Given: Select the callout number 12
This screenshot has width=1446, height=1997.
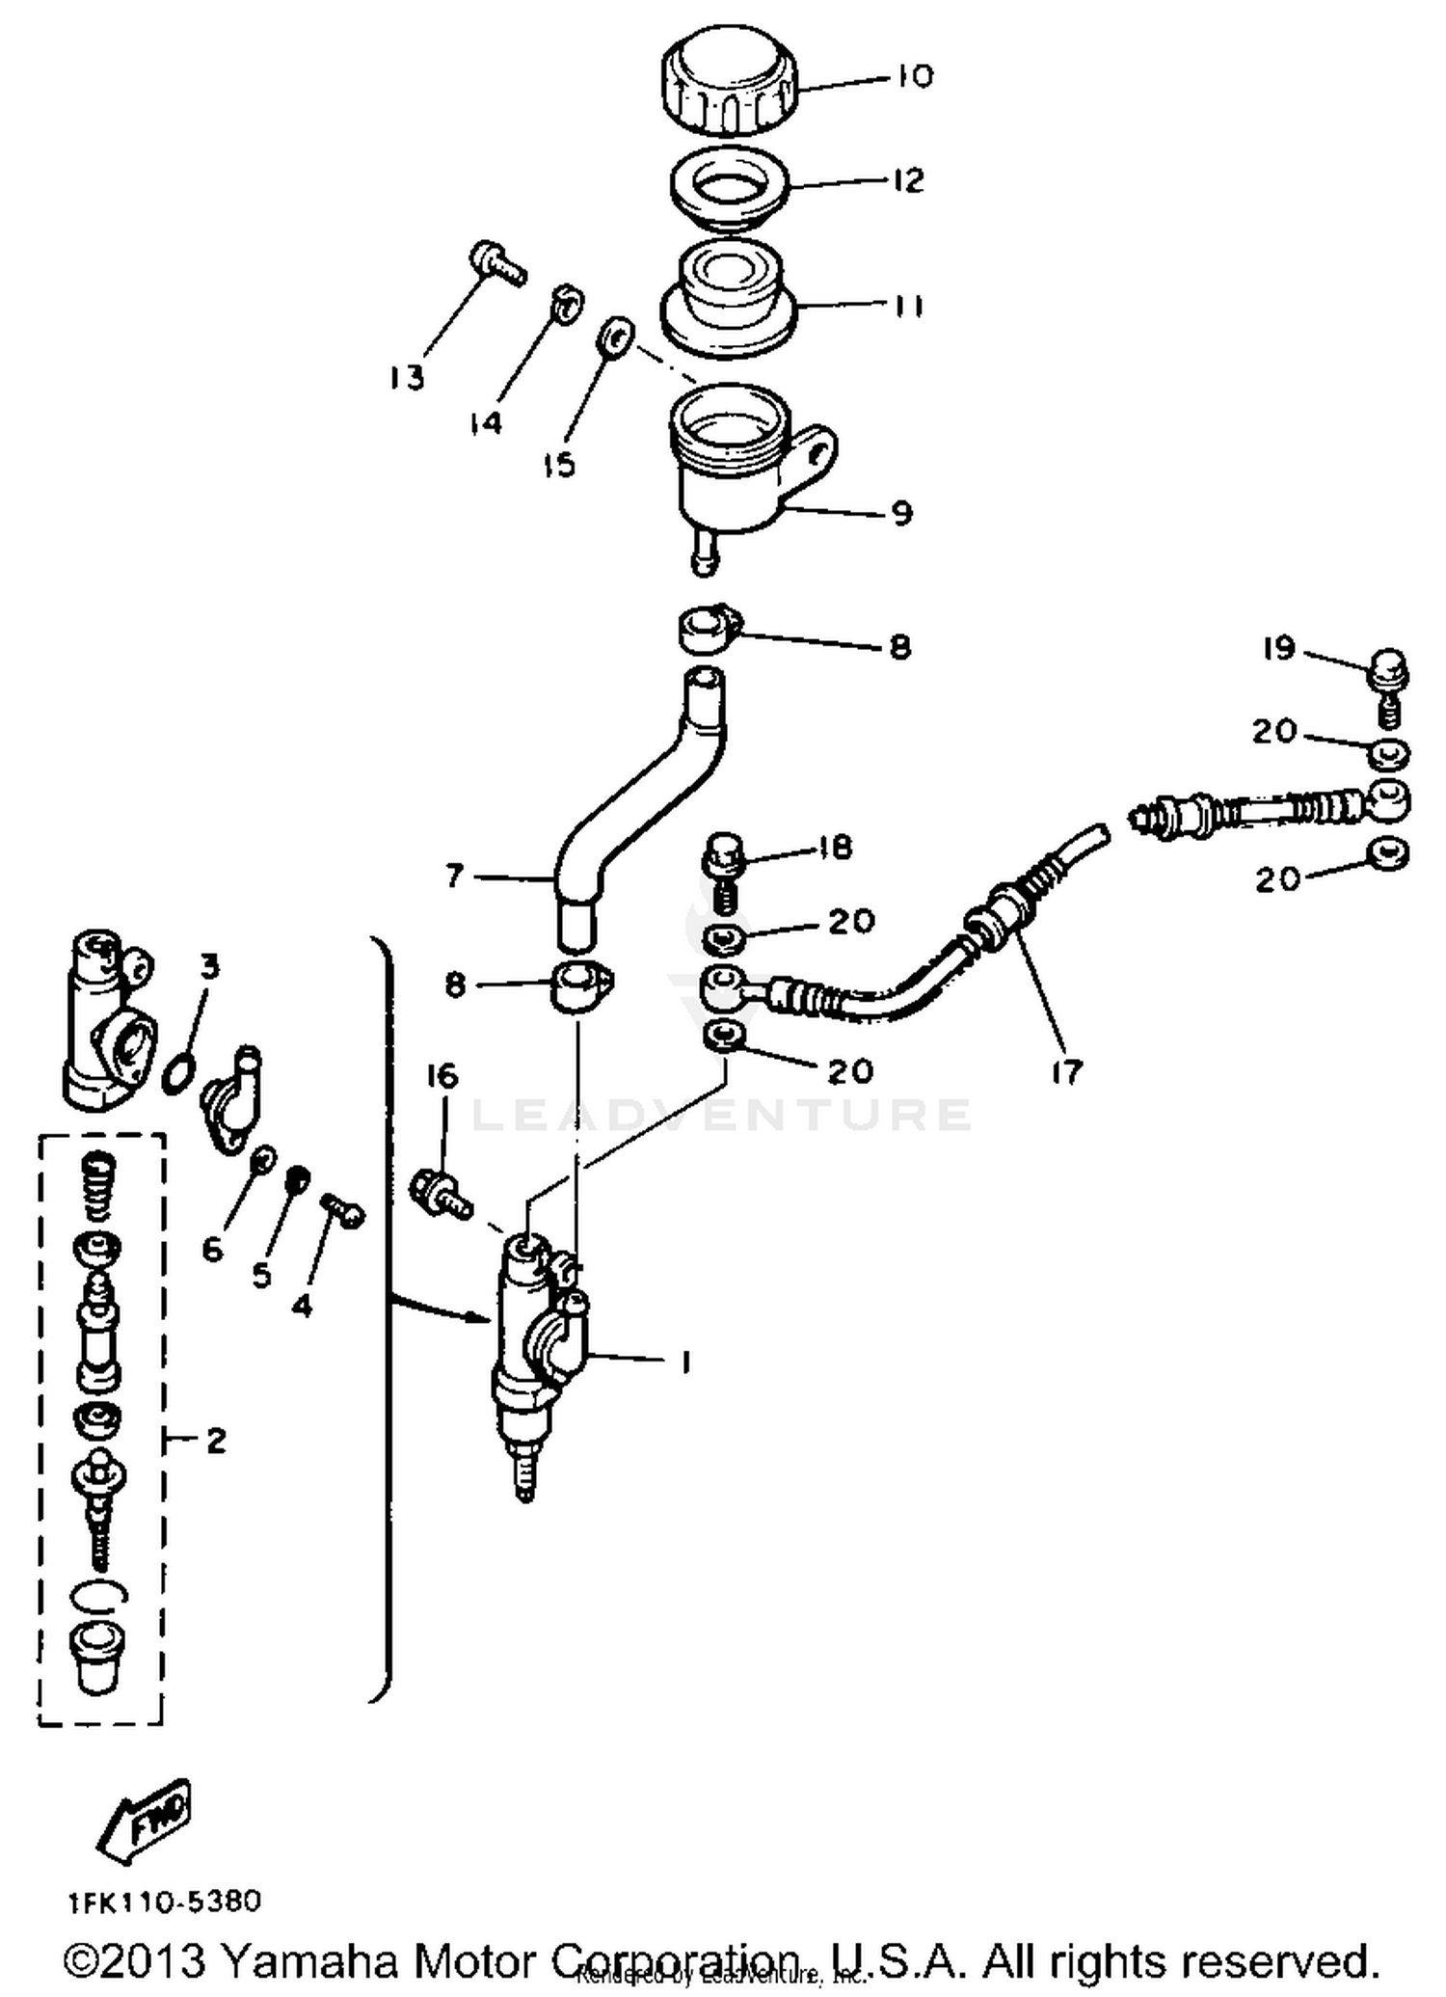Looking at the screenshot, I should click(x=908, y=180).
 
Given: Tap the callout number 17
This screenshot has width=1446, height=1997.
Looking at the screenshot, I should click(x=1067, y=1071).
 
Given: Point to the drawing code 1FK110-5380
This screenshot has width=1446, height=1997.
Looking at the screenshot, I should click(x=165, y=1902).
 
